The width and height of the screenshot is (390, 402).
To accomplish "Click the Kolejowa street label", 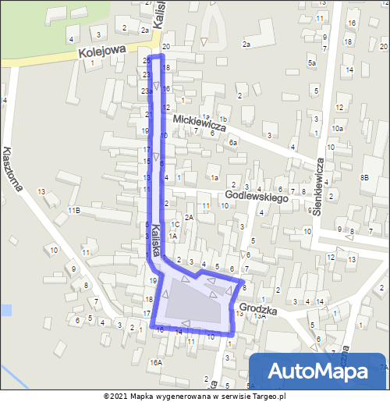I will click(x=101, y=51).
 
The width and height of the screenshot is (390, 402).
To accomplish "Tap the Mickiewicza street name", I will click(x=200, y=123).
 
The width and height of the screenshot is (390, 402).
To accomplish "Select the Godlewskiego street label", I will click(x=257, y=197).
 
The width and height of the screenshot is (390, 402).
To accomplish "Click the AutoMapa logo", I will click(x=318, y=371).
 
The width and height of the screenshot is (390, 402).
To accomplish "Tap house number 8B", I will click(x=364, y=178).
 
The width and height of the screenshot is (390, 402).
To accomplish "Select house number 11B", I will click(x=74, y=211).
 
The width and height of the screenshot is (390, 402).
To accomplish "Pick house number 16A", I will click(x=156, y=363).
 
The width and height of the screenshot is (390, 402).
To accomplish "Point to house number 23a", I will click(x=146, y=91).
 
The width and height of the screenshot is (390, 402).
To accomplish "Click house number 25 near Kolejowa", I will click(x=147, y=60).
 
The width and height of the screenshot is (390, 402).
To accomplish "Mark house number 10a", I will click(x=337, y=127).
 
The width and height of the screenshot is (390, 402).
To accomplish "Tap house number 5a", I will click(x=312, y=62).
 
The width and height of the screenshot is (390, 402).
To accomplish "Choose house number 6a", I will click(x=232, y=143).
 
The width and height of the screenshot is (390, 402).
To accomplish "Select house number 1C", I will click(x=175, y=224).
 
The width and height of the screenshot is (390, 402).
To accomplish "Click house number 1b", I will click(x=225, y=119).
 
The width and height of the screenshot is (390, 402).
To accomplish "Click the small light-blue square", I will click(x=5, y=310).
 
